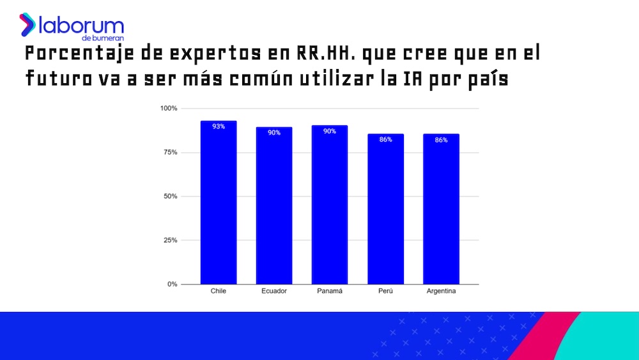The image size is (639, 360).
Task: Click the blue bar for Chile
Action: point(219,205)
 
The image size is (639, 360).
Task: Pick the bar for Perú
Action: point(385,211)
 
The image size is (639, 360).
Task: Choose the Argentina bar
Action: point(441,211)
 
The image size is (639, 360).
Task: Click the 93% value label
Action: point(219,127)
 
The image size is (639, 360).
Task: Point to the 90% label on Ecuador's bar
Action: point(274,132)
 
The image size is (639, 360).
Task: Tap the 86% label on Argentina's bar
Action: point(441,139)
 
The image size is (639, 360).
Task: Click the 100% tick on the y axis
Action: point(168,108)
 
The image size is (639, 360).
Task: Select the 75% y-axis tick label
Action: point(170,152)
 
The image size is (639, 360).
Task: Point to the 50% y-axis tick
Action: point(170,196)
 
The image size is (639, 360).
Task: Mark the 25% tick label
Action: point(170,240)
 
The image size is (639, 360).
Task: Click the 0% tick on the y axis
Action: point(172,284)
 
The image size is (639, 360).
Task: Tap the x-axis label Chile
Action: point(219,292)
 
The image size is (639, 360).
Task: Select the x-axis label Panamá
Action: point(330,292)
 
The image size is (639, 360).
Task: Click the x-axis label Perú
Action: point(385,292)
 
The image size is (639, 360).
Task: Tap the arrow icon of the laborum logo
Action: point(27,24)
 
